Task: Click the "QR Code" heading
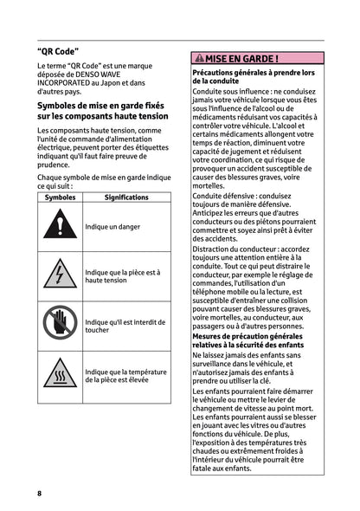click(x=54, y=51)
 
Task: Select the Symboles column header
click(x=60, y=197)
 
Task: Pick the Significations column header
click(x=125, y=197)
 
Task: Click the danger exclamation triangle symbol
click(x=60, y=226)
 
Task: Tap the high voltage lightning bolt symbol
click(x=60, y=275)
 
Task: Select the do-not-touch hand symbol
click(x=60, y=326)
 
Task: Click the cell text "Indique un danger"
click(x=112, y=226)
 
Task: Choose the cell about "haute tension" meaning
click(x=122, y=276)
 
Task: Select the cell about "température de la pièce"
click(x=125, y=376)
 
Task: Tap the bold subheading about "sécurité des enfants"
click(x=247, y=345)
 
